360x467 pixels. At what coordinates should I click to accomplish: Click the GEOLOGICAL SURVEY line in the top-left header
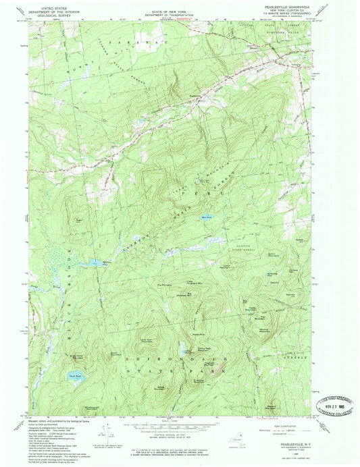(47, 16)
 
